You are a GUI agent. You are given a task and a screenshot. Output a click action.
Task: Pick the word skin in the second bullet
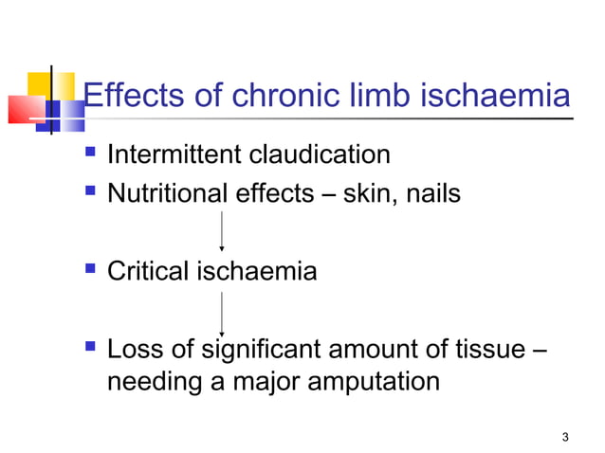click(363, 194)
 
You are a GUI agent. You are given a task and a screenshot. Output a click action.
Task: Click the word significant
click(250, 351)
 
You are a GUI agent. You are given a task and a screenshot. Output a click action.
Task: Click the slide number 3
click(565, 436)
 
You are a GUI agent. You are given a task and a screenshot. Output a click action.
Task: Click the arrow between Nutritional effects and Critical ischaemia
click(221, 231)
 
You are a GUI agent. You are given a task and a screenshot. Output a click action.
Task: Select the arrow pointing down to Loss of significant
click(221, 312)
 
